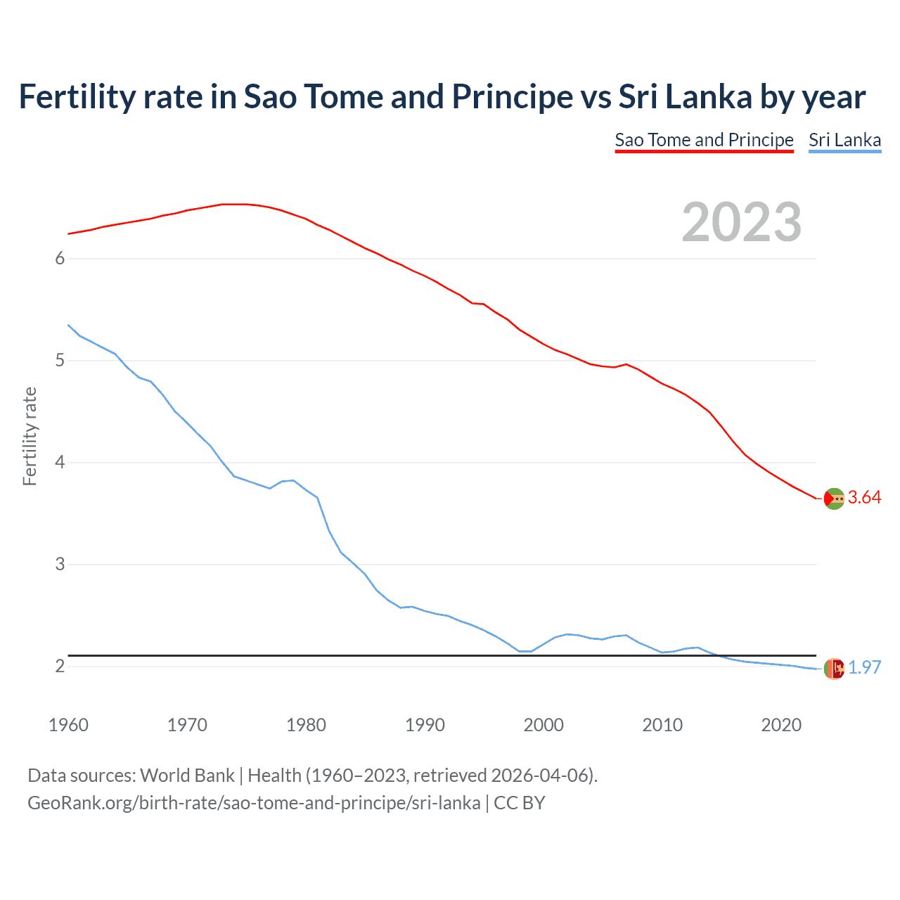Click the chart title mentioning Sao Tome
click(x=442, y=97)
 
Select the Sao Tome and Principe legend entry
click(x=704, y=140)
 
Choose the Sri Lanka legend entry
click(x=844, y=140)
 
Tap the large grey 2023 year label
click(x=741, y=222)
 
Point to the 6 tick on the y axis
click(x=60, y=259)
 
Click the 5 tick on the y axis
click(x=60, y=361)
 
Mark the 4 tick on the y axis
click(x=60, y=463)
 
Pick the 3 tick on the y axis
click(x=60, y=565)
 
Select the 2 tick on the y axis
click(x=60, y=666)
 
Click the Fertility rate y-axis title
click(x=30, y=436)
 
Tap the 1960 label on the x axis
click(x=68, y=725)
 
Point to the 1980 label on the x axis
click(x=306, y=725)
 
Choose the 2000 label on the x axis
click(x=544, y=725)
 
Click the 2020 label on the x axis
click(x=781, y=725)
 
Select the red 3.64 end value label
click(x=864, y=498)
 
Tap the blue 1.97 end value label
click(x=864, y=668)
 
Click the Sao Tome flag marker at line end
click(x=834, y=499)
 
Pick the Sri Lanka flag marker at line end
click(x=834, y=669)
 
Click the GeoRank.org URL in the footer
click(x=254, y=803)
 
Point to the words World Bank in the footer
click(x=187, y=776)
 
